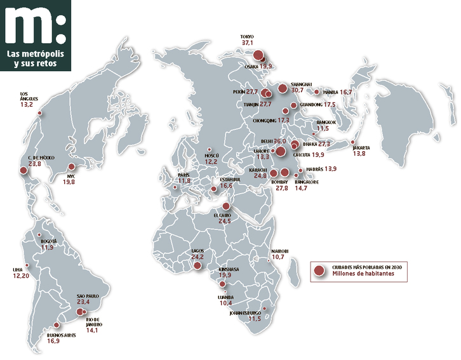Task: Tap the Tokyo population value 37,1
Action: click(246, 43)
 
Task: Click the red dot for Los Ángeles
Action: click(39, 114)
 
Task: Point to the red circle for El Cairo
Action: click(226, 206)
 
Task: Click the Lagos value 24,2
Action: click(197, 257)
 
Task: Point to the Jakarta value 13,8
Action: click(360, 154)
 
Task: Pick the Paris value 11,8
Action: click(184, 182)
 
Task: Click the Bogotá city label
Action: click(48, 241)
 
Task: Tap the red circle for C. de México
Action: click(25, 170)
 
